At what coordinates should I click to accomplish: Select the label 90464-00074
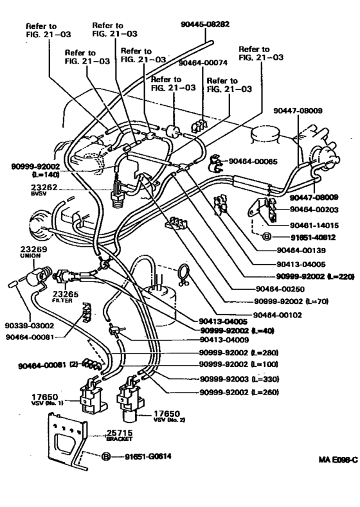click(204, 64)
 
